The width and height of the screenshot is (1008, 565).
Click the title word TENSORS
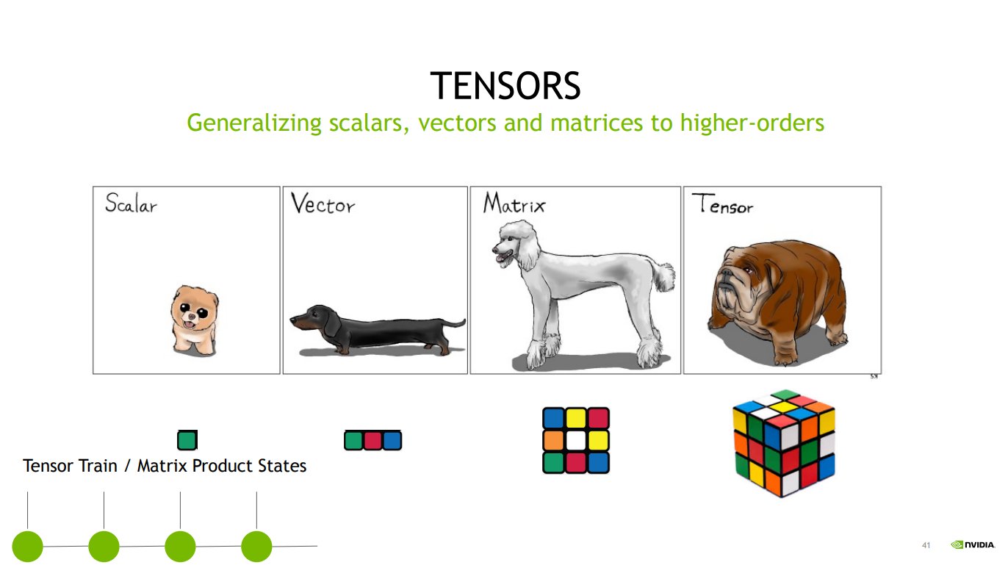pyautogui.click(x=505, y=86)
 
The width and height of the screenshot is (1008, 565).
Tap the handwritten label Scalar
pyautogui.click(x=131, y=203)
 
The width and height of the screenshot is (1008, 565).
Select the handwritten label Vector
pyautogui.click(x=323, y=204)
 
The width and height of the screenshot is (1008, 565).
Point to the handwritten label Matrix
pyautogui.click(x=514, y=203)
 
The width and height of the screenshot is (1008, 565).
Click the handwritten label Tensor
pyautogui.click(x=722, y=204)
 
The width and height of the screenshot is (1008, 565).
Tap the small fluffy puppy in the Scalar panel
pyautogui.click(x=194, y=320)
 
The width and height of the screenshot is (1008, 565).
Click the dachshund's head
pyautogui.click(x=314, y=317)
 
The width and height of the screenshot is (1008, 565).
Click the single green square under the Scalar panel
pyautogui.click(x=187, y=440)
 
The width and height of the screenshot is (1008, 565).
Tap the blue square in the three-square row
pyautogui.click(x=392, y=440)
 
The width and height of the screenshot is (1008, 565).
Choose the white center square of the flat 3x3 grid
pyautogui.click(x=575, y=440)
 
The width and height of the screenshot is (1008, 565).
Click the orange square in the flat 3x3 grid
pyautogui.click(x=553, y=440)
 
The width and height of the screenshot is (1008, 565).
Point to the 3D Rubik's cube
pyautogui.click(x=783, y=443)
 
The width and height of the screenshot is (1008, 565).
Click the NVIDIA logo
pyautogui.click(x=973, y=544)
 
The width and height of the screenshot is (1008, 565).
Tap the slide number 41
pyautogui.click(x=926, y=545)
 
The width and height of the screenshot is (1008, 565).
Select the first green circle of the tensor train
pyautogui.click(x=27, y=547)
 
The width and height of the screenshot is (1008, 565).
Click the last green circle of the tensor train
pyautogui.click(x=256, y=547)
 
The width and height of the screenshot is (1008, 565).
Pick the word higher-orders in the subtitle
pyautogui.click(x=752, y=123)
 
